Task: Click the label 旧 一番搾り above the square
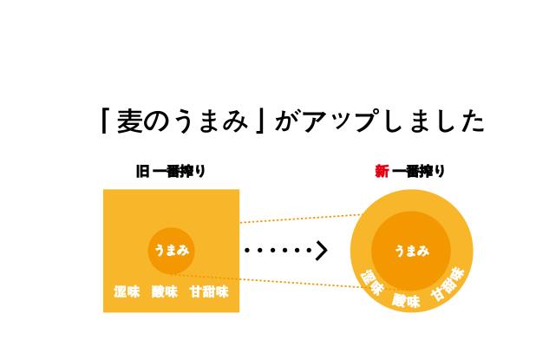(x=171, y=171)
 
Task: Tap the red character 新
(x=382, y=171)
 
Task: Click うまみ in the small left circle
(x=171, y=251)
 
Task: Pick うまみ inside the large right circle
(x=411, y=251)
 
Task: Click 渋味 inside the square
(x=127, y=291)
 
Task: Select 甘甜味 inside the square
(x=209, y=291)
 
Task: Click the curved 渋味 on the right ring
(x=371, y=283)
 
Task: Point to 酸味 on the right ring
(x=406, y=301)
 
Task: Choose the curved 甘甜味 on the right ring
(x=448, y=284)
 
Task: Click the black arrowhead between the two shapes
(x=322, y=251)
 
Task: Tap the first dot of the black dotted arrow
(x=247, y=251)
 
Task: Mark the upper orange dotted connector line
(x=299, y=219)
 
